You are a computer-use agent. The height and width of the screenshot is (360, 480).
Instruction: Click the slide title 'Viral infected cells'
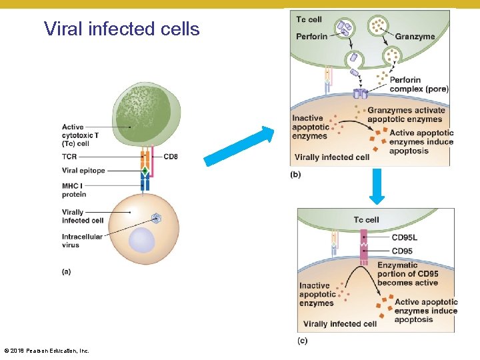(x=121, y=29)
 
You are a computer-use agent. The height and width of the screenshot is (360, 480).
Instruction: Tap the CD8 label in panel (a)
(x=170, y=157)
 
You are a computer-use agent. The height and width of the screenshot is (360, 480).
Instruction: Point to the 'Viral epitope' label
(x=83, y=171)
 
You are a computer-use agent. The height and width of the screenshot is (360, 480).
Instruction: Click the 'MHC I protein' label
(x=74, y=190)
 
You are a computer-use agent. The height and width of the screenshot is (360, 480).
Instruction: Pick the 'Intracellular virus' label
(x=82, y=241)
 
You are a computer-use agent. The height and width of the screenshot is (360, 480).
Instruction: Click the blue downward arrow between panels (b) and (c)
(x=377, y=186)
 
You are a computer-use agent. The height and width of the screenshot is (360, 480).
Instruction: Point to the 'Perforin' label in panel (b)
(x=311, y=37)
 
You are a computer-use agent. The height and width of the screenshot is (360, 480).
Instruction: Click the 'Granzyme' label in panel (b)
(x=415, y=37)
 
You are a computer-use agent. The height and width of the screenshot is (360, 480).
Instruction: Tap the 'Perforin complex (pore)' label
(x=419, y=85)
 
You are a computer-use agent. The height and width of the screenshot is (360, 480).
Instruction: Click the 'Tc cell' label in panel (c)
(x=366, y=219)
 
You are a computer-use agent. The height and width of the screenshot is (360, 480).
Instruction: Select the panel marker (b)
(x=296, y=174)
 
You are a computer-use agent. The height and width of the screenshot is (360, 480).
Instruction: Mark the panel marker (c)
(x=303, y=340)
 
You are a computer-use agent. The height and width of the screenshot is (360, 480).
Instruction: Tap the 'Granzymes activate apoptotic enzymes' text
(x=405, y=115)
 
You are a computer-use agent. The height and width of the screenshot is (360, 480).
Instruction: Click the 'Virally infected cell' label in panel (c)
(x=339, y=324)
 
